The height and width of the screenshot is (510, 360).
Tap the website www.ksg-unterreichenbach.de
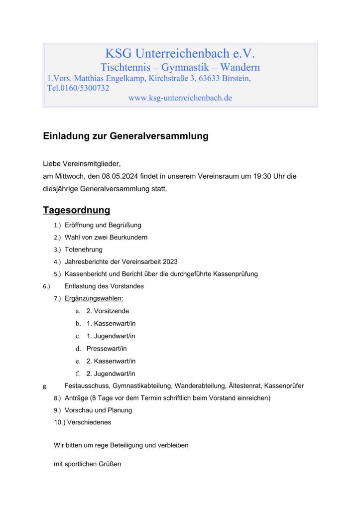180,98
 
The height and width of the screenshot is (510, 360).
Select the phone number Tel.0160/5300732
78,88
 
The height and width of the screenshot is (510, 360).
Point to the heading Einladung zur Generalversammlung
125,136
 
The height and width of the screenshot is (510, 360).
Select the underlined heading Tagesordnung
76,210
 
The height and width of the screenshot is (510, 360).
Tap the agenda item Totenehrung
84,249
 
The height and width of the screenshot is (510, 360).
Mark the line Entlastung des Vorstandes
104,286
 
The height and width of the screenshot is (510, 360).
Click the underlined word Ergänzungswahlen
94,298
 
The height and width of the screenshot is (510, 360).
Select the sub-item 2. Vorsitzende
108,311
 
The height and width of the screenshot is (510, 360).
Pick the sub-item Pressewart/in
107,349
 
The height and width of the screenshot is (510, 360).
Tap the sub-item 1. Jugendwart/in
111,336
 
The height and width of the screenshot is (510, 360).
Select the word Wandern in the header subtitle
240,67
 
